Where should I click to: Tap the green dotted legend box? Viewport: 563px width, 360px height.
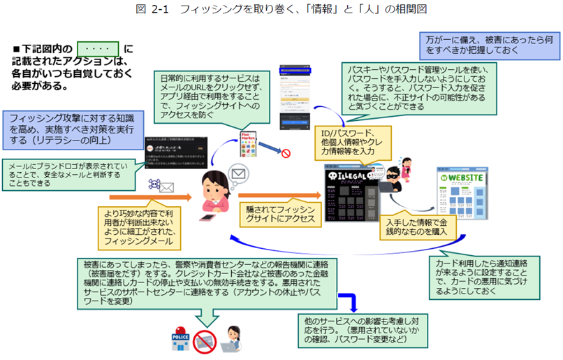coord(98,49)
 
